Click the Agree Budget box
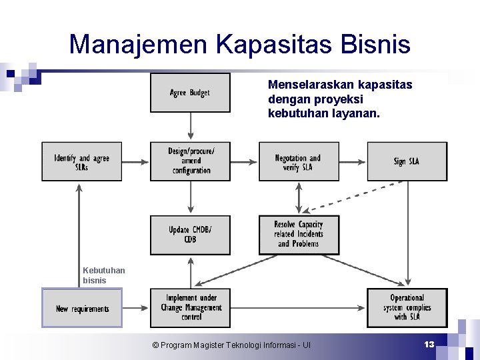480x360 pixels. (190, 93)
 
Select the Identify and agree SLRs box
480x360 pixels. (82, 161)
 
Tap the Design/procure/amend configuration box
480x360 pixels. (190, 161)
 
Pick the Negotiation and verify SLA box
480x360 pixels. (298, 161)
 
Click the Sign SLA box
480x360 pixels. (407, 161)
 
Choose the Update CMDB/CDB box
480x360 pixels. (190, 235)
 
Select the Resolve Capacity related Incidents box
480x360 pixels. (298, 235)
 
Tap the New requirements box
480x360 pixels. (82, 308)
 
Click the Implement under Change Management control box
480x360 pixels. (190, 308)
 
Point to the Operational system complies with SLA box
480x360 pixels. (407, 308)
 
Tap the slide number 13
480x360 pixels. (429, 344)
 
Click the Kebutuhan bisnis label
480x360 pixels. (103, 275)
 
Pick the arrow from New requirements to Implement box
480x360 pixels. (136, 308)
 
